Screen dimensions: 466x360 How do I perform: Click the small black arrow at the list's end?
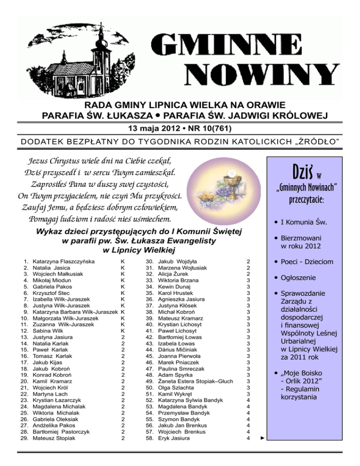[262, 439]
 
